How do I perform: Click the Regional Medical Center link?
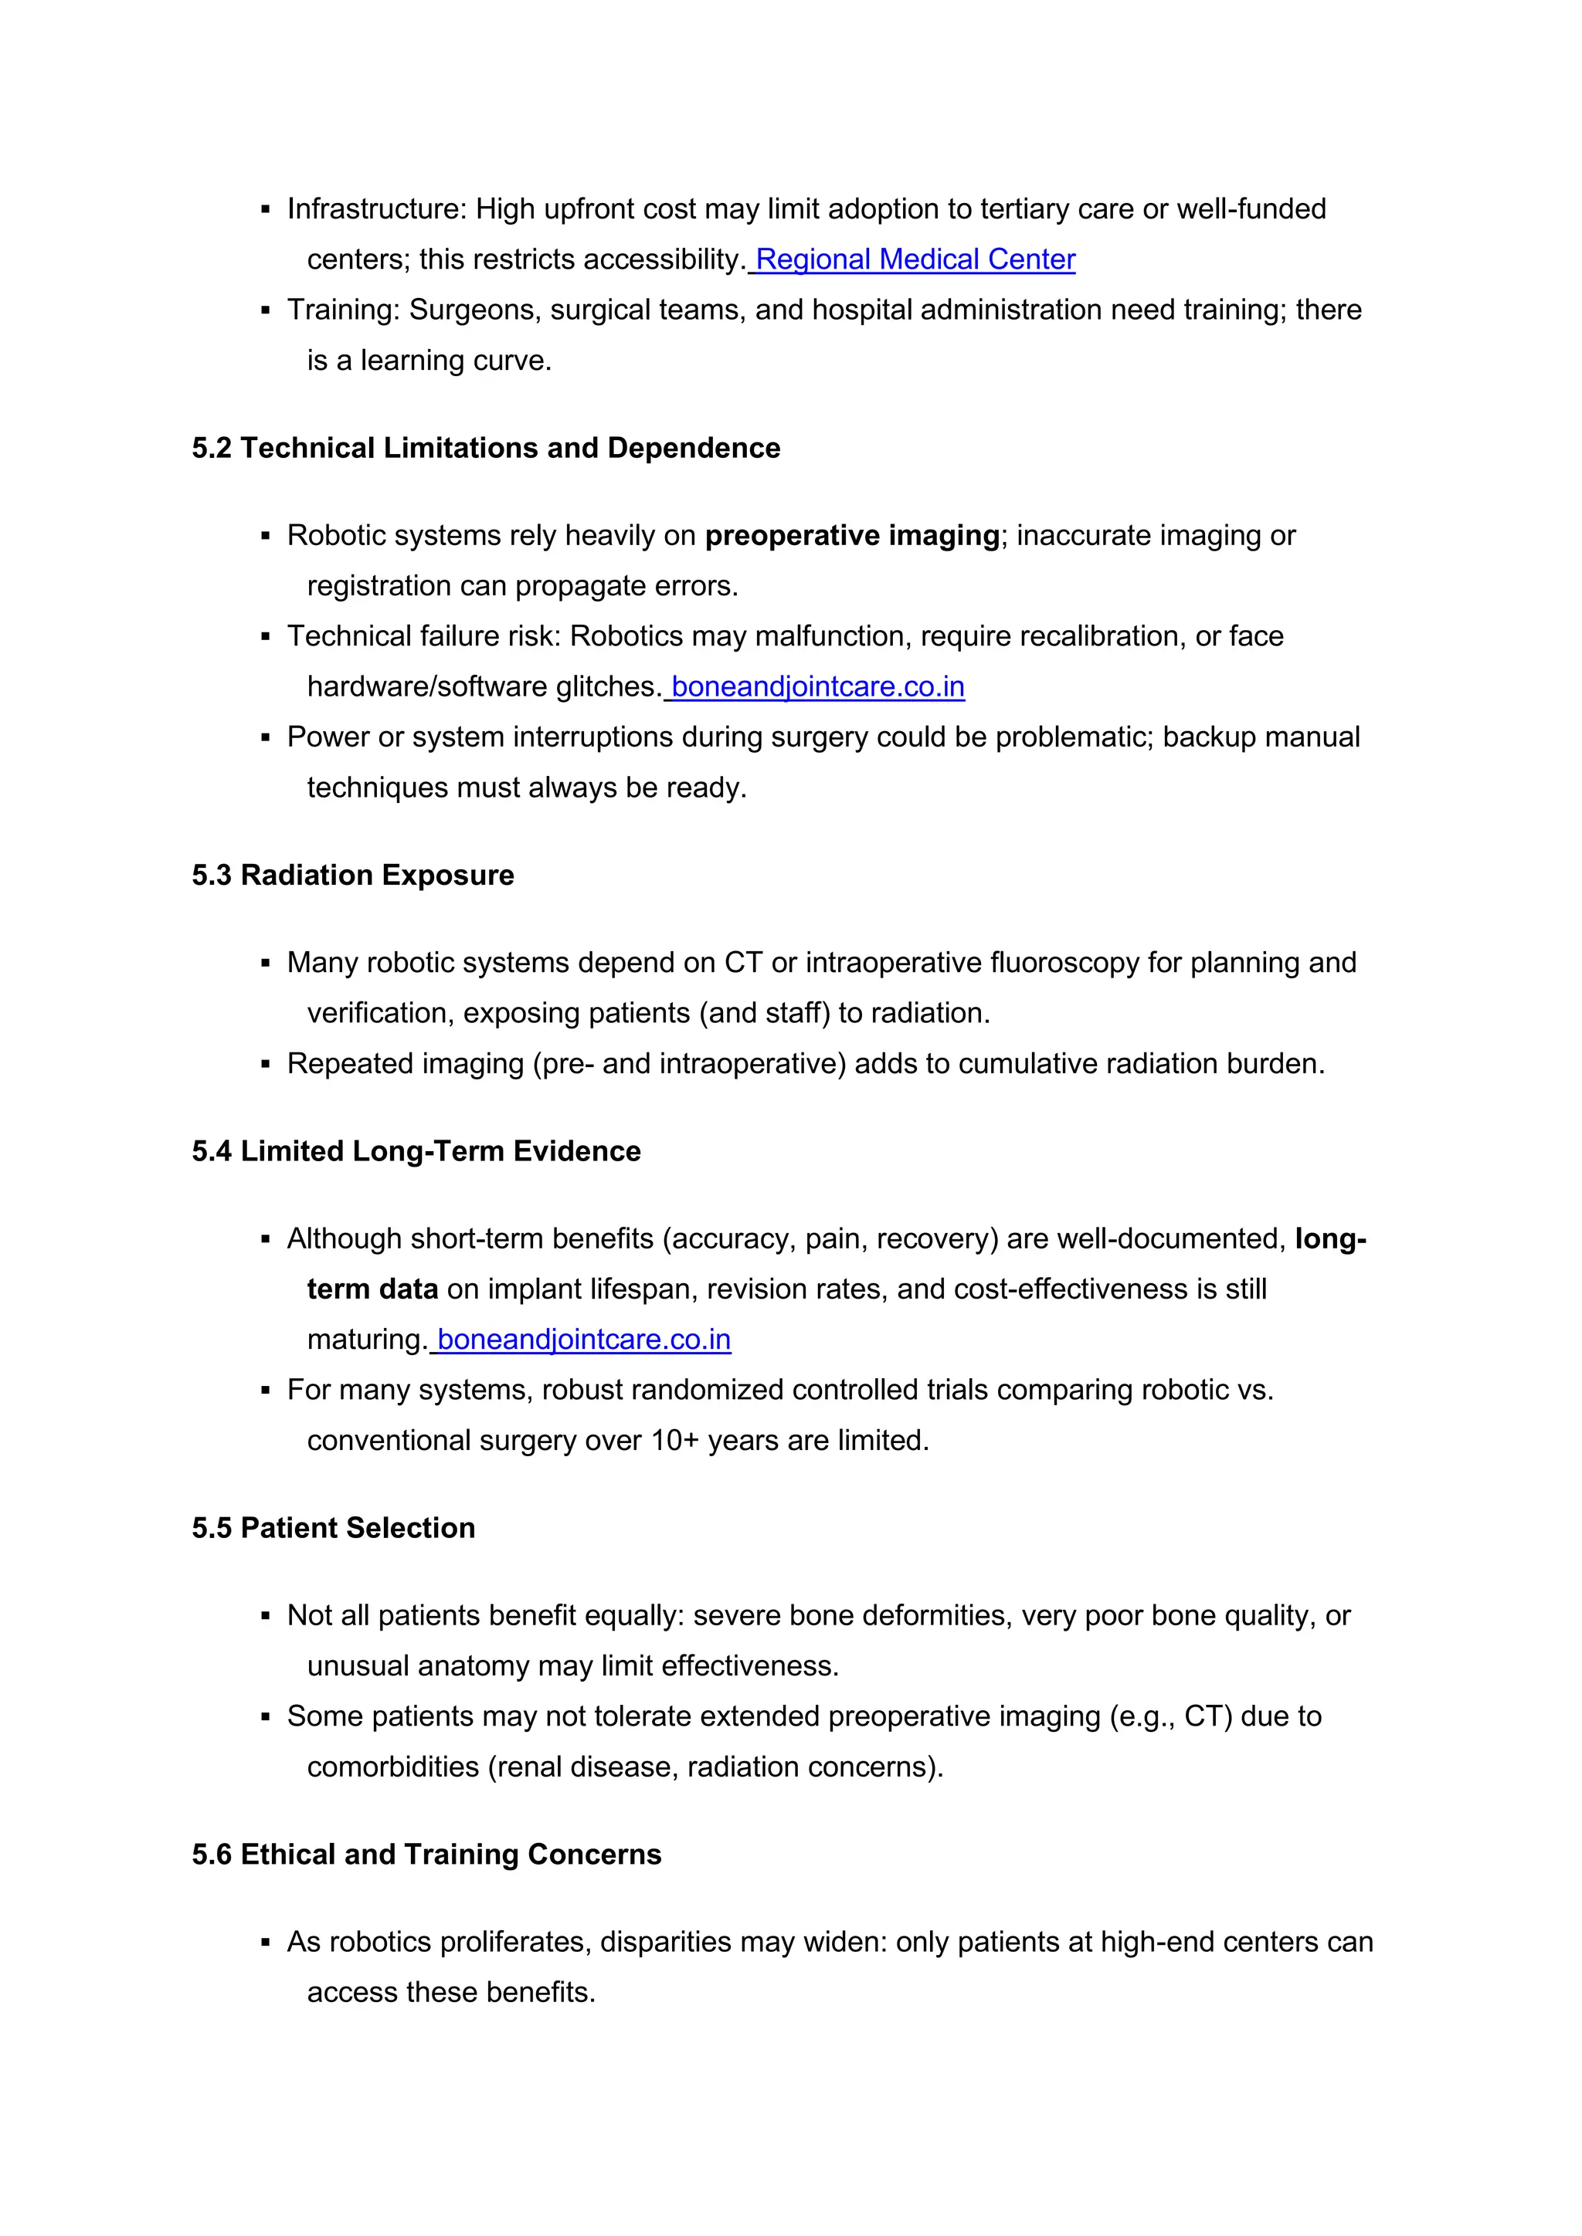[x=915, y=260]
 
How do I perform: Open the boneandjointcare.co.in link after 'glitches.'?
[x=817, y=687]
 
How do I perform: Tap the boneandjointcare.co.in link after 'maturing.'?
[x=583, y=1340]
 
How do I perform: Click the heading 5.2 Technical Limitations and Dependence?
[x=485, y=448]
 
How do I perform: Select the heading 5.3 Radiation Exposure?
[x=353, y=876]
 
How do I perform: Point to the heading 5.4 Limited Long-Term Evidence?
[x=416, y=1151]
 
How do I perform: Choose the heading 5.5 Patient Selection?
[x=333, y=1528]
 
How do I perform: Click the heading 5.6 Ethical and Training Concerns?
[x=426, y=1855]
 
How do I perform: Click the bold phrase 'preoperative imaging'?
[x=852, y=536]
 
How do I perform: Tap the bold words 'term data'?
[x=372, y=1289]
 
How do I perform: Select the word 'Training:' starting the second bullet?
[x=343, y=310]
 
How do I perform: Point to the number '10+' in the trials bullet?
[x=675, y=1440]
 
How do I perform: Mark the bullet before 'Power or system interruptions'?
[x=265, y=739]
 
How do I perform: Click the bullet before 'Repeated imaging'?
[x=265, y=1065]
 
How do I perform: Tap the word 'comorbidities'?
[x=392, y=1767]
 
